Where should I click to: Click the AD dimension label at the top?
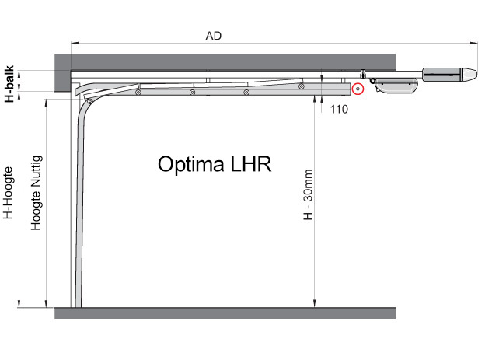click(214, 36)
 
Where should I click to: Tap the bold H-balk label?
click(9, 83)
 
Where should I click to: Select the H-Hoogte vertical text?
click(8, 193)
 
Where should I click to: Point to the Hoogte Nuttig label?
click(37, 193)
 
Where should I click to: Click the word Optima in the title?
click(191, 164)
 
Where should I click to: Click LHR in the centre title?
click(250, 164)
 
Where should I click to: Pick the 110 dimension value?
click(339, 110)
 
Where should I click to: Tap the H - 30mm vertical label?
click(308, 194)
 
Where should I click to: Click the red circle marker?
click(358, 89)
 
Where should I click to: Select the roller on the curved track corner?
click(89, 101)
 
